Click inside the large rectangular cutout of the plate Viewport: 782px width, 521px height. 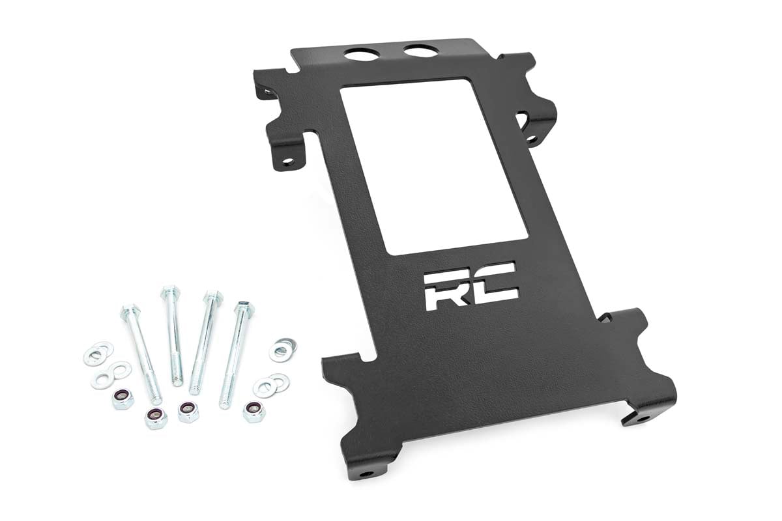click(x=433, y=166)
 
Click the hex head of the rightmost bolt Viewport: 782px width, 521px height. click(x=245, y=307)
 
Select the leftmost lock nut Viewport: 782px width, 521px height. click(x=123, y=398)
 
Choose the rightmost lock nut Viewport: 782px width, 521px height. click(x=253, y=410)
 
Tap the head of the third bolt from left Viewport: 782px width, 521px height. click(x=212, y=298)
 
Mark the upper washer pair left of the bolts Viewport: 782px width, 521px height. click(x=98, y=354)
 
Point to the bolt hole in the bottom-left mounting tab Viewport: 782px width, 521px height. click(x=369, y=473)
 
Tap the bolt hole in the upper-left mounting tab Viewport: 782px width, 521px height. click(x=286, y=160)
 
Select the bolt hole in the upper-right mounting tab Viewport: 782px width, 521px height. click(x=532, y=139)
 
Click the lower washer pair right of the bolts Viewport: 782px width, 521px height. click(x=270, y=386)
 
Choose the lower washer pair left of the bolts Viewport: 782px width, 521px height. click(x=111, y=374)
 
